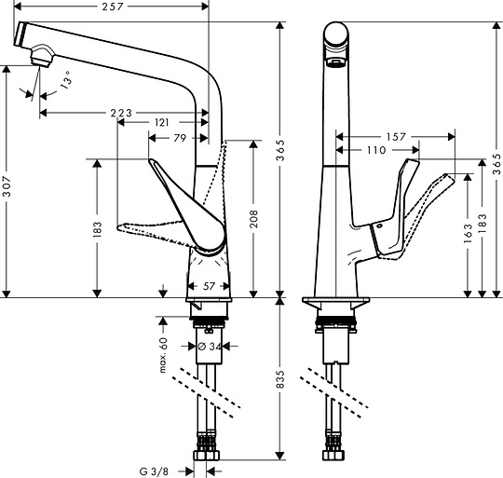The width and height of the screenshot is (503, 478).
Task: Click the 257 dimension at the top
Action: click(x=111, y=8)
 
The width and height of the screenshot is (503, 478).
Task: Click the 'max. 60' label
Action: click(x=162, y=354)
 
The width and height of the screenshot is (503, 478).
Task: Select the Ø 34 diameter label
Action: click(x=209, y=347)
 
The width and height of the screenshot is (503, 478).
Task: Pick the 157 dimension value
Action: click(x=395, y=136)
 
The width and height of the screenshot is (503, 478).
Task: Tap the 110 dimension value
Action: click(x=377, y=149)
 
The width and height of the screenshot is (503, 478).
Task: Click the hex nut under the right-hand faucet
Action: click(x=334, y=458)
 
